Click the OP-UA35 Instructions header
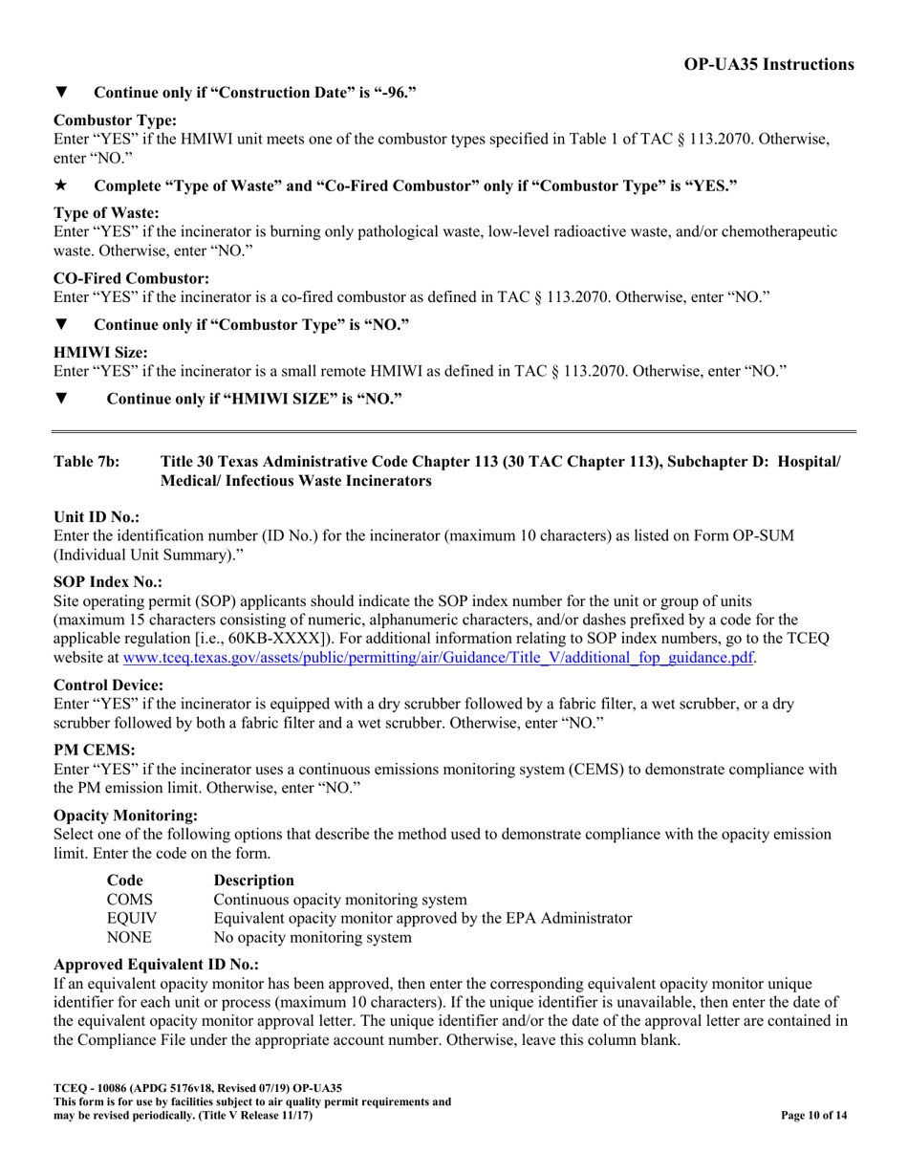point(768,64)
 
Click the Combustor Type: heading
point(115,120)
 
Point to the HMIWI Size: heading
point(100,352)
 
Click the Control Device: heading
point(108,685)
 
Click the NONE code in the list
point(129,937)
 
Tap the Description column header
point(253,880)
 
